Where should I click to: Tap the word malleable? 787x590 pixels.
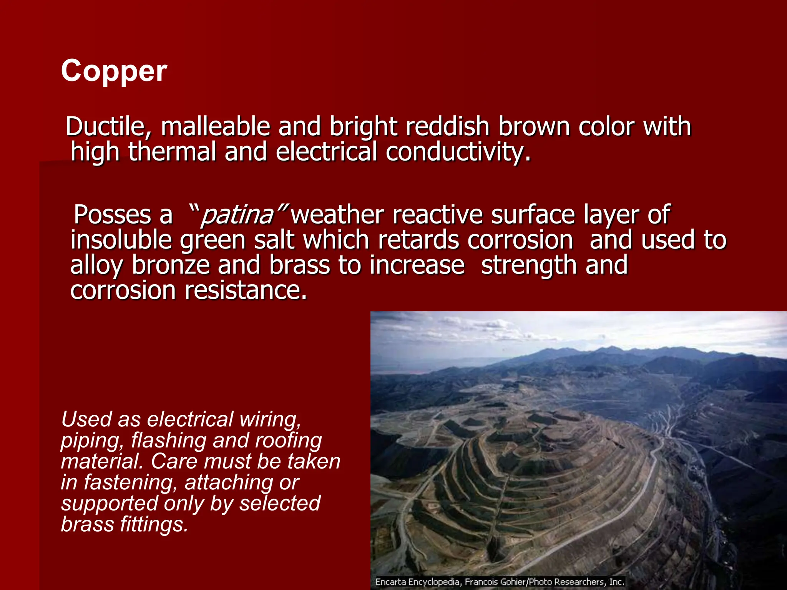(x=215, y=127)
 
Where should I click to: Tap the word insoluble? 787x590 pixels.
(x=121, y=240)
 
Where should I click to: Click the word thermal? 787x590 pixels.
(x=172, y=152)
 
